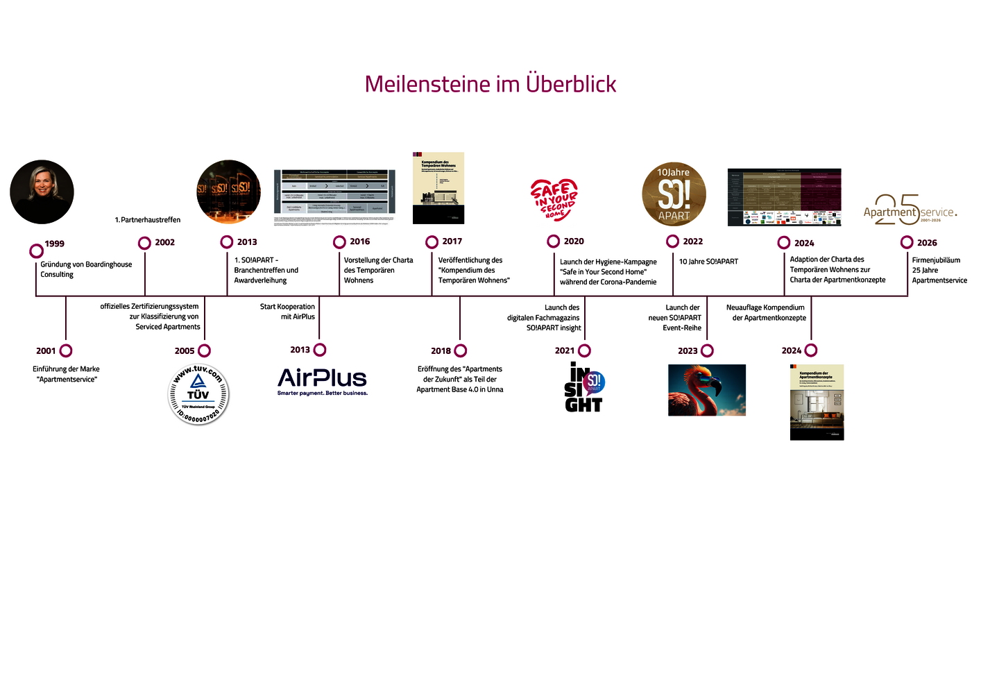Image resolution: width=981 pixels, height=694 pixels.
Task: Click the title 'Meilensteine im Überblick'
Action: [490, 84]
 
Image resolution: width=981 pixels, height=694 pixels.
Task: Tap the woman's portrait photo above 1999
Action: [42, 192]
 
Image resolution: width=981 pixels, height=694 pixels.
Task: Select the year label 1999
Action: [54, 244]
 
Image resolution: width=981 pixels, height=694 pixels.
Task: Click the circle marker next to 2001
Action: [66, 351]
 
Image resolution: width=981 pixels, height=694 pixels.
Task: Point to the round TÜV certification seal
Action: [198, 394]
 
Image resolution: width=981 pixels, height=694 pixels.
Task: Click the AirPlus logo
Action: [322, 381]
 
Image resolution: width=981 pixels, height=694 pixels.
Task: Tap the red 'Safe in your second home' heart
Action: [554, 200]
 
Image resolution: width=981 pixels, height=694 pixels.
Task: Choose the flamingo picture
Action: [706, 390]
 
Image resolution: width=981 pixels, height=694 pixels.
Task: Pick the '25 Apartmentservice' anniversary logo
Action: [910, 210]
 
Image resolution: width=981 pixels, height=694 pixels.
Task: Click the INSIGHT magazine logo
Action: [584, 387]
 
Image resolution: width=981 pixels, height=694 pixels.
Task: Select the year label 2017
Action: [452, 242]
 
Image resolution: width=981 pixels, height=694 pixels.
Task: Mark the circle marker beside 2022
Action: [672, 242]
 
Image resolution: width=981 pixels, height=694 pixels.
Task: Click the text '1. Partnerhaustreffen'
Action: [147, 220]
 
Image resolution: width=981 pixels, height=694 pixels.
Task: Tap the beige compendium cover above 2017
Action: [438, 188]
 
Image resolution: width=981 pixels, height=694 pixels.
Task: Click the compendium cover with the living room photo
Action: [817, 402]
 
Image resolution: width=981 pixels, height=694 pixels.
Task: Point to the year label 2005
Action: [185, 351]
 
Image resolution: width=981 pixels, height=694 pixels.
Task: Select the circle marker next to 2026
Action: [907, 242]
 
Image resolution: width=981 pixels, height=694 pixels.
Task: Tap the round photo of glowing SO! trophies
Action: [228, 192]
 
